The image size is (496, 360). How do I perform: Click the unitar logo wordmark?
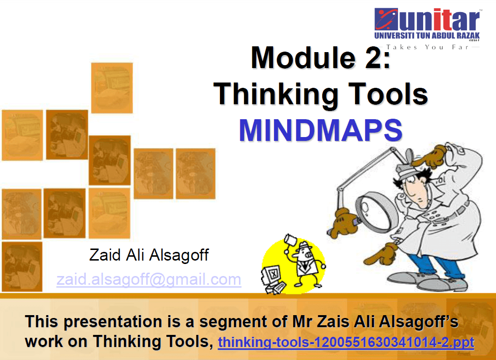[427, 20]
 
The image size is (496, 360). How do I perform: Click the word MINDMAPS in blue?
[320, 130]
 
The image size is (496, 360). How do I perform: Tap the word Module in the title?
[303, 57]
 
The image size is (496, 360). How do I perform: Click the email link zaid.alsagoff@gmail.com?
[149, 279]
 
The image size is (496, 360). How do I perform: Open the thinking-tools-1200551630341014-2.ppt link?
[346, 342]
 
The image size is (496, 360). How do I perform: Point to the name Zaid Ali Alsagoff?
[149, 255]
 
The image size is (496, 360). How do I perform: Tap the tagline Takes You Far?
[427, 47]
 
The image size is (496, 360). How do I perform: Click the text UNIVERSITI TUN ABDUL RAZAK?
[427, 35]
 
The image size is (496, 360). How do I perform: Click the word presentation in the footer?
[113, 322]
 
